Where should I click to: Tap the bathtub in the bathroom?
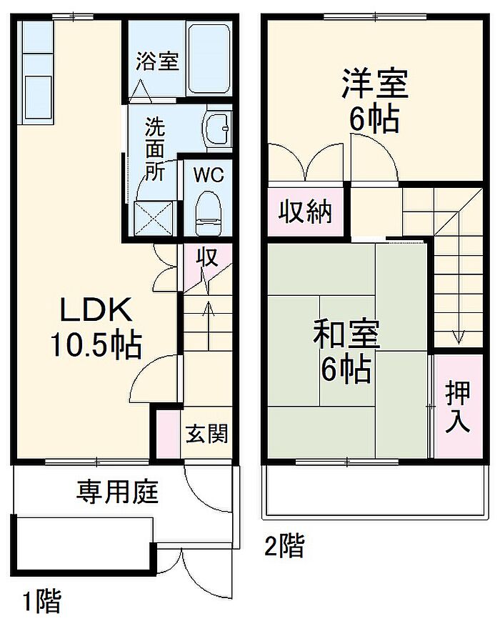(209, 59)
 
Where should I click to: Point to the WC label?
(209, 175)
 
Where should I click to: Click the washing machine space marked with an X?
(154, 219)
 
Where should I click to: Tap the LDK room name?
(96, 310)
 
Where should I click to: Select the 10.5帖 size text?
(96, 345)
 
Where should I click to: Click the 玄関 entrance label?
(206, 433)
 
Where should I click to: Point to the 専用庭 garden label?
(117, 492)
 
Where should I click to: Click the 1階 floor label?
(41, 602)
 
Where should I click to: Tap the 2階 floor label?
(284, 546)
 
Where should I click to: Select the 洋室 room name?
(375, 84)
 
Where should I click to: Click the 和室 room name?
(346, 334)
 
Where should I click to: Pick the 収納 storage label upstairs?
(305, 212)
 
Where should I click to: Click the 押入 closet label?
(458, 407)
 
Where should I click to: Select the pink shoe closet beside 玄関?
(168, 434)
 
